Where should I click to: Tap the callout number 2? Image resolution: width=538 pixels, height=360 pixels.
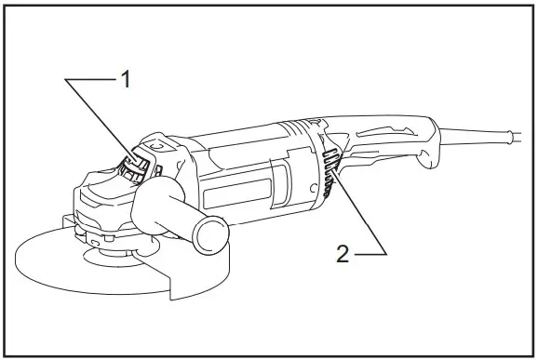click(x=343, y=254)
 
